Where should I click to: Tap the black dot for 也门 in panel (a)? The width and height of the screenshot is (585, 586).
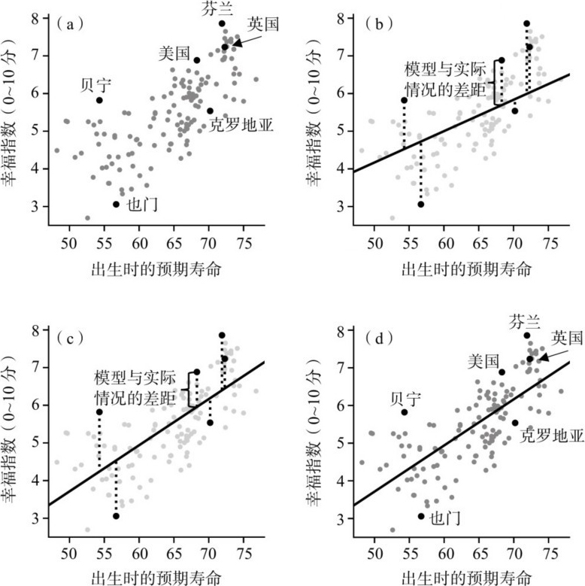116,204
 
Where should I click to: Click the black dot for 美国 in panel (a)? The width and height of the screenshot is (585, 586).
197,60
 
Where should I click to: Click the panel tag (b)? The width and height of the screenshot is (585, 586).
373,23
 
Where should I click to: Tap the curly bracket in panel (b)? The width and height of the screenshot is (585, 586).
495,82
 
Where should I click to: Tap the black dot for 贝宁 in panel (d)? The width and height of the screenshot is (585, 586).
404,412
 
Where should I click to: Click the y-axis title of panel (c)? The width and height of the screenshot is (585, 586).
12,424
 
